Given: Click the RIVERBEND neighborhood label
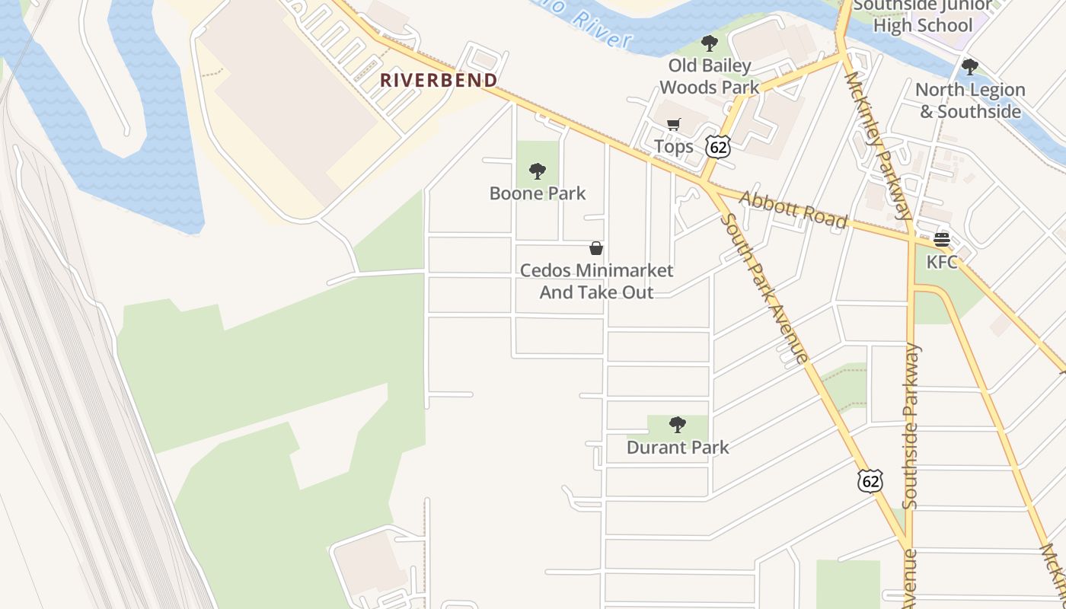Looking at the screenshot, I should (x=439, y=80).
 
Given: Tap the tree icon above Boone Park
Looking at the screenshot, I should (x=538, y=171).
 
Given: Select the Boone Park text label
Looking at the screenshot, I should (x=538, y=193).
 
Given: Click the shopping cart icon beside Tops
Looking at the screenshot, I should (x=674, y=125).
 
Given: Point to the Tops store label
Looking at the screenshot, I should (x=674, y=146).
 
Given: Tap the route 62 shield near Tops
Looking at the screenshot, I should (x=717, y=146).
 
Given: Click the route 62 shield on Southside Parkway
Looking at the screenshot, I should (x=870, y=480).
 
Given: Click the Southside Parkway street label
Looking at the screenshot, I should (x=911, y=426).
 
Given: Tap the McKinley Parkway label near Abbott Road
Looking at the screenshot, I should (x=877, y=145).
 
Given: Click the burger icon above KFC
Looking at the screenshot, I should (x=942, y=240).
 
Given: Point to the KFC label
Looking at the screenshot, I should (x=942, y=261).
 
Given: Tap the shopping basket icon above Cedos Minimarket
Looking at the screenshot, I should (x=596, y=248).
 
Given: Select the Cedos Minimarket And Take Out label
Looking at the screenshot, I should (x=596, y=281).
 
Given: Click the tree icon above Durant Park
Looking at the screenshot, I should (x=678, y=425).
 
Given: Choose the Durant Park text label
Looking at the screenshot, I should (x=678, y=447).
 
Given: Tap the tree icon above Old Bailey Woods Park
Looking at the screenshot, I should (x=710, y=43).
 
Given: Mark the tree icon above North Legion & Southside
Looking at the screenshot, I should (x=970, y=67).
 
